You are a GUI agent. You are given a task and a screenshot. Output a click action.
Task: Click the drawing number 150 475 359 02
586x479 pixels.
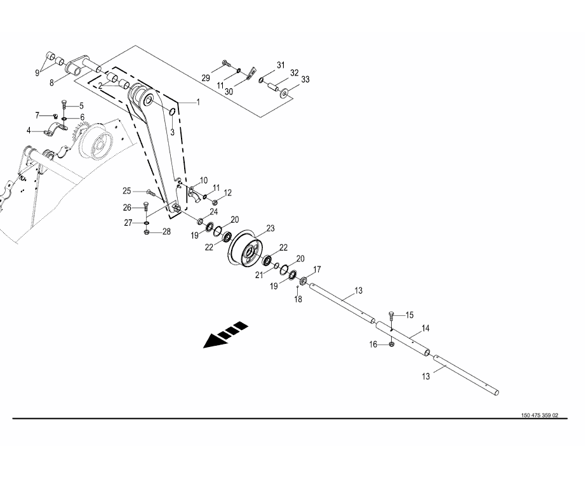(x=539, y=416)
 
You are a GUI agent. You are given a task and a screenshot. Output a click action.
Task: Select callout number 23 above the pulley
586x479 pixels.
(x=270, y=228)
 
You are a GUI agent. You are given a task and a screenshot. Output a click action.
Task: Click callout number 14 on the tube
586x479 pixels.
(x=425, y=328)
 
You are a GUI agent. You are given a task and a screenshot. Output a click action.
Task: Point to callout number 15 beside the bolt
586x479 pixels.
(x=410, y=315)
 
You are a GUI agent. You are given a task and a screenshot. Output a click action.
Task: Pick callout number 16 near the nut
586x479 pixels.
(x=373, y=344)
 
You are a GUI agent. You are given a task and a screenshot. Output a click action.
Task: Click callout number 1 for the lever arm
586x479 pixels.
(x=197, y=102)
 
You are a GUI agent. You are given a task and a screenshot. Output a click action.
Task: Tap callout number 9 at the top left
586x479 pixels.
(x=37, y=72)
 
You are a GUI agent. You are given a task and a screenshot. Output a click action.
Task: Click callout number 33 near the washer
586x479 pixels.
(x=305, y=79)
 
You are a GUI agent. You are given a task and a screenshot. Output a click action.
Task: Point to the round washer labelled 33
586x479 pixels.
(x=283, y=93)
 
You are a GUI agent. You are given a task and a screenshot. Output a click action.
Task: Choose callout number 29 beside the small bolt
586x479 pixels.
(x=206, y=77)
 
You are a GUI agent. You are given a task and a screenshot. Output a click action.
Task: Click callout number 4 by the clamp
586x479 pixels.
(x=29, y=131)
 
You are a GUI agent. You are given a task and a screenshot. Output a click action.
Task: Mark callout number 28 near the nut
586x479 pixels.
(x=166, y=232)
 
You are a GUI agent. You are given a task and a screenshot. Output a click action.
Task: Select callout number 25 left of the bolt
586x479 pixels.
(x=127, y=191)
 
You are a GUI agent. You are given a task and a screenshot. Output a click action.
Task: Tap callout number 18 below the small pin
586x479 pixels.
(x=298, y=299)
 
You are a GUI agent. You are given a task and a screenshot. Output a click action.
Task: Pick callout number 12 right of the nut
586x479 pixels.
(x=227, y=192)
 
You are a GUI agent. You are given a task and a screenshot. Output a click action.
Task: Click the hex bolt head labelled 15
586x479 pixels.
(x=391, y=315)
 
